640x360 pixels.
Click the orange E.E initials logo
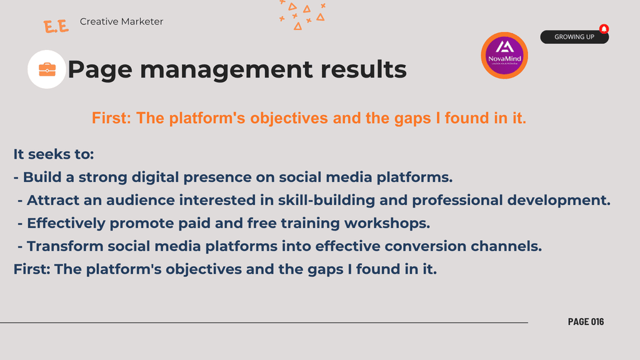[56, 26]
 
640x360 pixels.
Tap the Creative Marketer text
[121, 22]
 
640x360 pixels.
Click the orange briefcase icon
[47, 69]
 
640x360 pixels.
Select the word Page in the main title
[100, 70]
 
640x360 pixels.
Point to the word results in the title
[363, 69]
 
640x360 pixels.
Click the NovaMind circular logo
[504, 56]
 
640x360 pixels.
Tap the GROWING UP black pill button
[574, 37]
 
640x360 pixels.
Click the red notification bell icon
[604, 29]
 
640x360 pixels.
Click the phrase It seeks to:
[54, 154]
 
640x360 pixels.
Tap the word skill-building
[326, 201]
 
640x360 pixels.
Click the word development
[559, 201]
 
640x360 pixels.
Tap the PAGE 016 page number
[586, 322]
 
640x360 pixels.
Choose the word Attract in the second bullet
[53, 201]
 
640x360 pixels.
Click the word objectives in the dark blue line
[204, 269]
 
